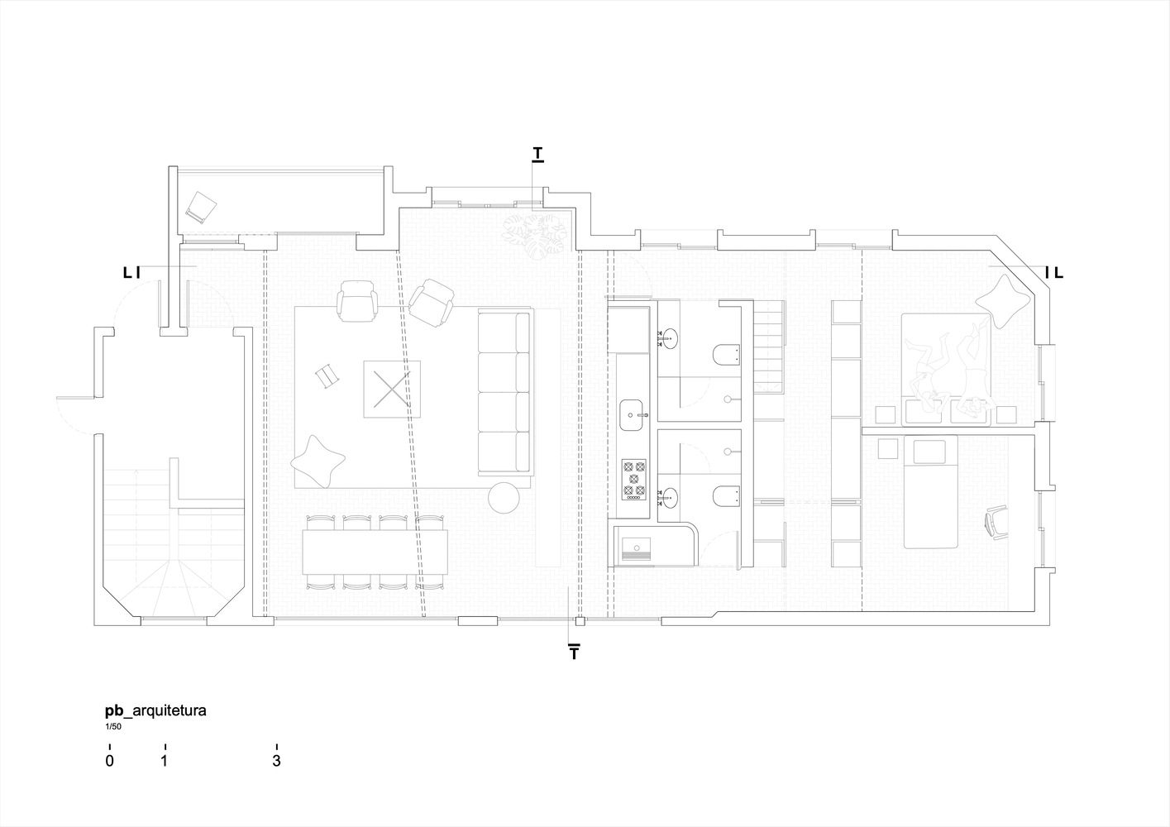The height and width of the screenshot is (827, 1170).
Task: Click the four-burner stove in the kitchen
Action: click(x=633, y=480)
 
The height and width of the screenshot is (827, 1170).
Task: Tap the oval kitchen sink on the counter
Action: click(x=632, y=415)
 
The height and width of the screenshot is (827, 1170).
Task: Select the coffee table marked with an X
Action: click(x=392, y=389)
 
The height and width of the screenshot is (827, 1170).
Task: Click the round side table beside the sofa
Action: click(x=504, y=497)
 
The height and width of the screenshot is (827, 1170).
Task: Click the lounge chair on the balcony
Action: click(x=201, y=207)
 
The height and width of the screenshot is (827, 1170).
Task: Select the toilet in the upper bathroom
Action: click(x=727, y=355)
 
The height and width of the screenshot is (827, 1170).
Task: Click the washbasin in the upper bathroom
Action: click(x=668, y=338)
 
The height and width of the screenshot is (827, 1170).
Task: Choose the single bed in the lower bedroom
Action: click(x=931, y=492)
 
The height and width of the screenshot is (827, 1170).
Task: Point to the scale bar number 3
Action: click(x=276, y=761)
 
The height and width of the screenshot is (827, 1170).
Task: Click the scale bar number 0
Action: click(x=109, y=761)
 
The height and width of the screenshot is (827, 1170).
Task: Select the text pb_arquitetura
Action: click(x=155, y=710)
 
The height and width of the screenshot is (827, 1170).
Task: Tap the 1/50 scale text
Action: click(x=112, y=727)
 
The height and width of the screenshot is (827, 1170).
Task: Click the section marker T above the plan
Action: click(x=537, y=154)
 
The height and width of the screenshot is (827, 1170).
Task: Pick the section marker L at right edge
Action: click(x=1058, y=272)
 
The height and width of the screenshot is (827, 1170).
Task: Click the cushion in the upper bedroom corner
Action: click(x=1003, y=301)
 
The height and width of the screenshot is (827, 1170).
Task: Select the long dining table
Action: click(x=375, y=552)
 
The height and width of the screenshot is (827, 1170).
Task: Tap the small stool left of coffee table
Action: click(x=327, y=375)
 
